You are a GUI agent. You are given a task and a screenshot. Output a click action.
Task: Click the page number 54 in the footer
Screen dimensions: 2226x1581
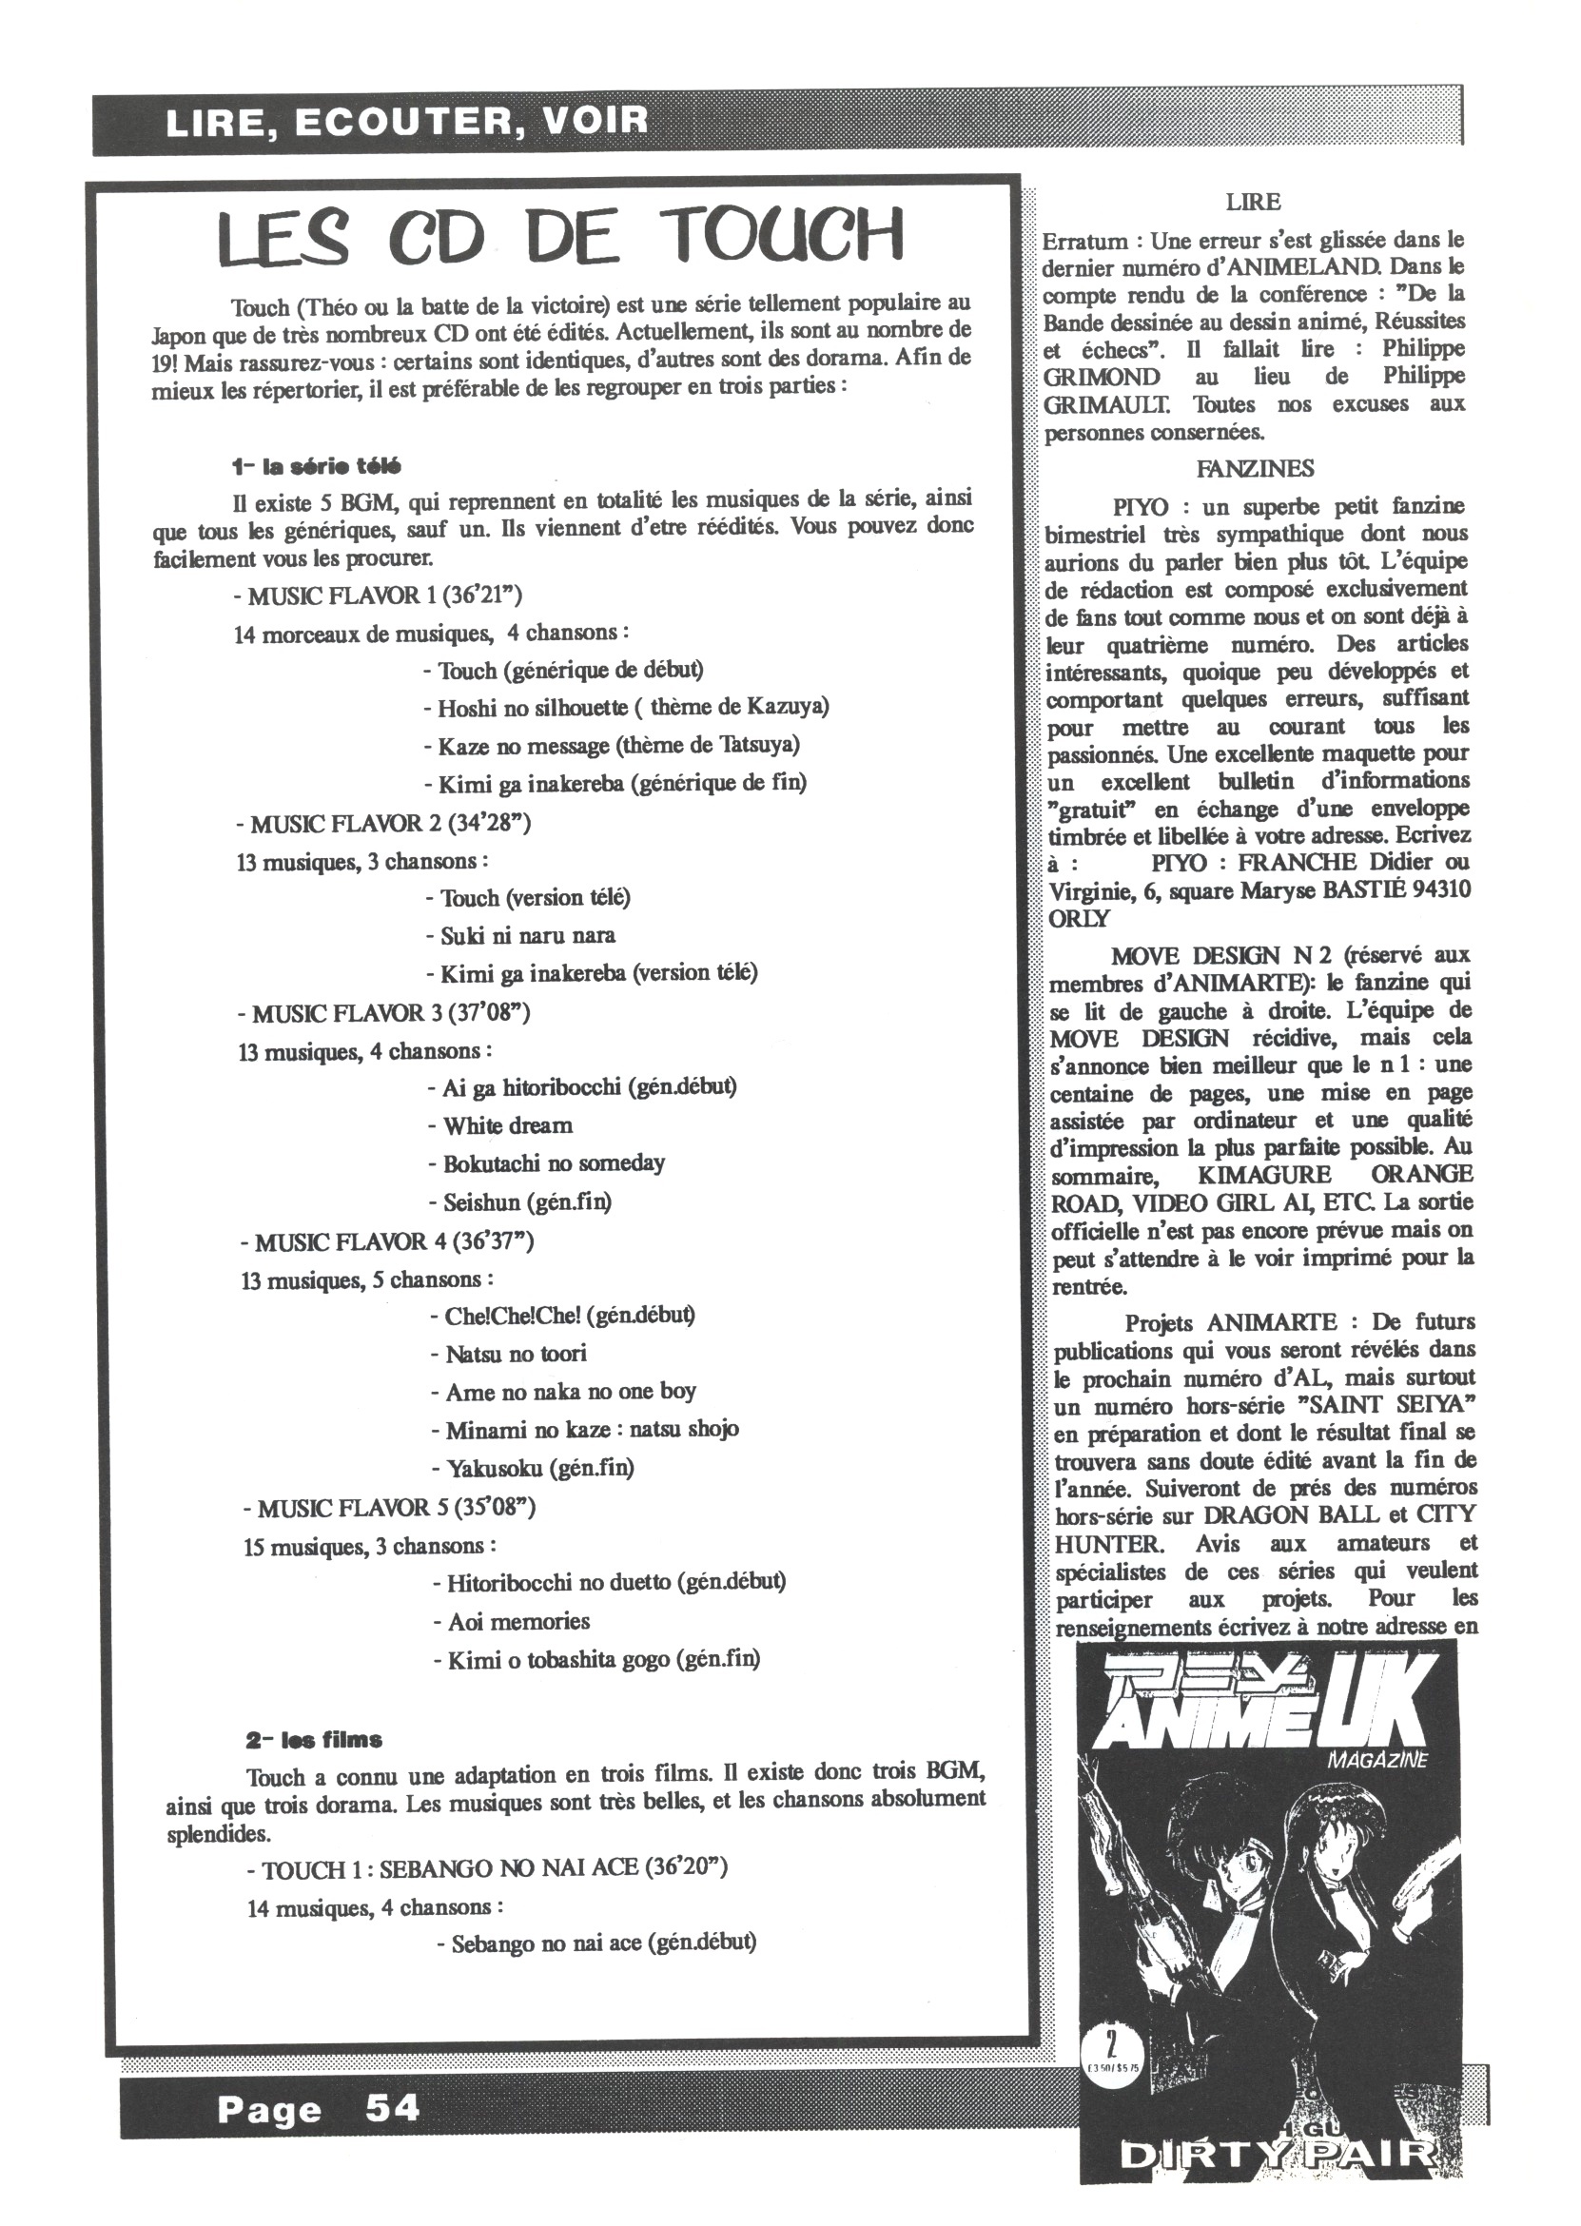(392, 2108)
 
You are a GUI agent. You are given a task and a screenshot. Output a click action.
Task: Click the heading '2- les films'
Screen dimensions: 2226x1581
(314, 1740)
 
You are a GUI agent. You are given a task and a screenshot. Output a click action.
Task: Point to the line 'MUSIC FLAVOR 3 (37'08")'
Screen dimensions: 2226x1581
(383, 1013)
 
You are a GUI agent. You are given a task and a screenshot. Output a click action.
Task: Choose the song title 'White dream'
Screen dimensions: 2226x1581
(507, 1126)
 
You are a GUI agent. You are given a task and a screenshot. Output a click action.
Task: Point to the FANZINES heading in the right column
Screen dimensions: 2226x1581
(1255, 469)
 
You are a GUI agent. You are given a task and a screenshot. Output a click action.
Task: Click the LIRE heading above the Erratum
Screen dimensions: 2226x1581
(1254, 203)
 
